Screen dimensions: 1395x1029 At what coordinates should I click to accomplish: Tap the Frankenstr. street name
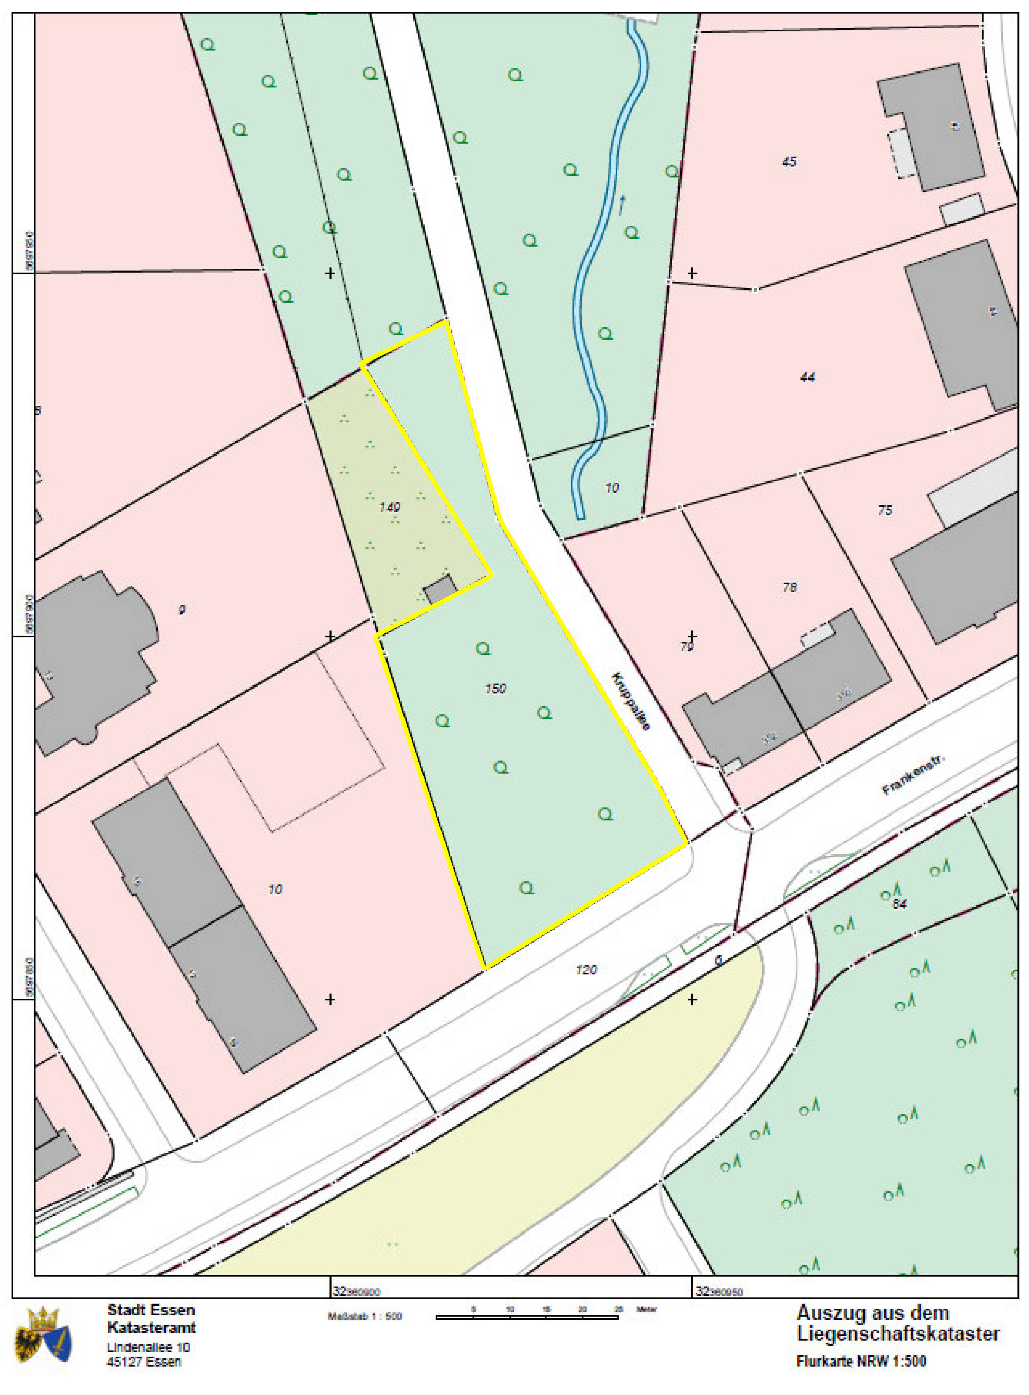pyautogui.click(x=914, y=776)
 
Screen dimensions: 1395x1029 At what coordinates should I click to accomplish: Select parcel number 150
pyautogui.click(x=495, y=689)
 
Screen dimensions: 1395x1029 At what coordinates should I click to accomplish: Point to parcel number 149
pyautogui.click(x=389, y=507)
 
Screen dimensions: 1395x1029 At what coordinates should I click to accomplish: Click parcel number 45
pyautogui.click(x=788, y=161)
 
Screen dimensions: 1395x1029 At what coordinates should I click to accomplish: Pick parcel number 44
pyautogui.click(x=807, y=376)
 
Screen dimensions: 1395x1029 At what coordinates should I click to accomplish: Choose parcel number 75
pyautogui.click(x=885, y=510)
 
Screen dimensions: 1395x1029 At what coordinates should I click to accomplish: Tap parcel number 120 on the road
pyautogui.click(x=585, y=969)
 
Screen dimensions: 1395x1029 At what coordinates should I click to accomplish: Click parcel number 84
pyautogui.click(x=899, y=903)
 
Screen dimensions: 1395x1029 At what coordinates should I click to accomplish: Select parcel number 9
pyautogui.click(x=182, y=609)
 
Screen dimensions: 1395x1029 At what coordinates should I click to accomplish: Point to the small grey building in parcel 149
pyautogui.click(x=440, y=589)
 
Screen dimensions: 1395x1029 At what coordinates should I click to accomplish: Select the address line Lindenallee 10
pyautogui.click(x=148, y=1347)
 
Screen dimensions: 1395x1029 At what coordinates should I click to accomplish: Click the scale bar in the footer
pyautogui.click(x=527, y=1317)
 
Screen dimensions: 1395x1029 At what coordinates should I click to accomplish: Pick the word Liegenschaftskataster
pyautogui.click(x=897, y=1334)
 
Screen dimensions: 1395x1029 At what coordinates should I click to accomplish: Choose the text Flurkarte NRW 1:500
pyautogui.click(x=861, y=1362)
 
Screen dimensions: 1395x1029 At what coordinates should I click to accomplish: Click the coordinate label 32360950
pyautogui.click(x=719, y=1291)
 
